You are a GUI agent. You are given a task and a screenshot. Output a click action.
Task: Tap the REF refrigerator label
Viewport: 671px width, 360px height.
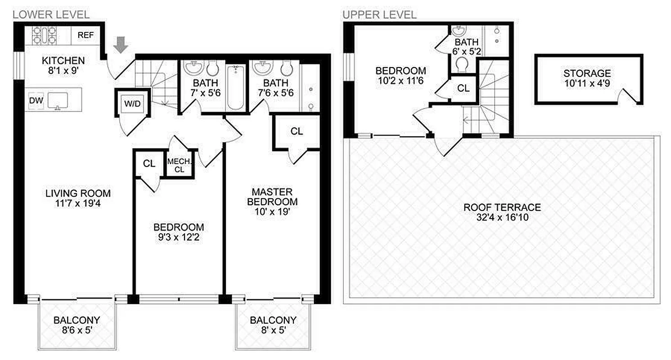85,35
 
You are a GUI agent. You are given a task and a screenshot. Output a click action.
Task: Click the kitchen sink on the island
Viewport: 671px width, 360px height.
58,99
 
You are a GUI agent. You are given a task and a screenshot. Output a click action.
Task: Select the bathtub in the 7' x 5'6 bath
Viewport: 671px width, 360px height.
235,87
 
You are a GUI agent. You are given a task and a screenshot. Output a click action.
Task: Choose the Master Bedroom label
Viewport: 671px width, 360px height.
272,197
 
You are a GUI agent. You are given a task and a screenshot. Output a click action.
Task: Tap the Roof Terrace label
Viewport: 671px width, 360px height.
502,207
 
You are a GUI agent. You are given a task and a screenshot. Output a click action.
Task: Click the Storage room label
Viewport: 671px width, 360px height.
587,73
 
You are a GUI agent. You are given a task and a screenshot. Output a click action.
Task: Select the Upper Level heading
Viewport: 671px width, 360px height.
379,14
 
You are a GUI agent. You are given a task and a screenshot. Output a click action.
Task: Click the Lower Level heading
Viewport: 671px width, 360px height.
51,14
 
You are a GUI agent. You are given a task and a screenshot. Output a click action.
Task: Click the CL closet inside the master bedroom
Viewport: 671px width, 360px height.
297,131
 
